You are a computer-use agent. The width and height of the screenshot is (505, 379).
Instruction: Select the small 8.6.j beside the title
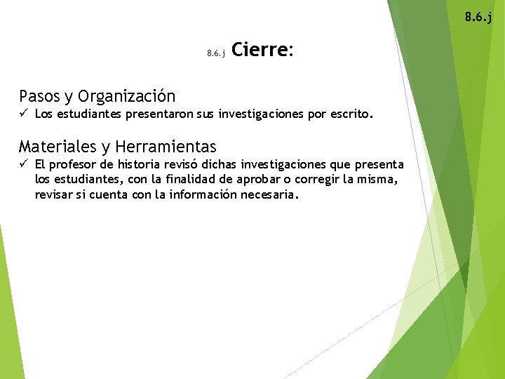pyautogui.click(x=215, y=53)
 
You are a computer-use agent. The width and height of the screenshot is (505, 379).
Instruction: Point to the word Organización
pyautogui.click(x=127, y=96)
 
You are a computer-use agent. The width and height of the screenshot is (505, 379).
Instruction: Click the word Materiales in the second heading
pyautogui.click(x=58, y=147)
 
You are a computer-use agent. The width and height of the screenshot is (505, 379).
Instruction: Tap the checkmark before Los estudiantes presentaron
pyautogui.click(x=24, y=113)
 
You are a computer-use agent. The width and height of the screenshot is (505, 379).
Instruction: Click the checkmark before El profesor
pyautogui.click(x=24, y=164)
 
